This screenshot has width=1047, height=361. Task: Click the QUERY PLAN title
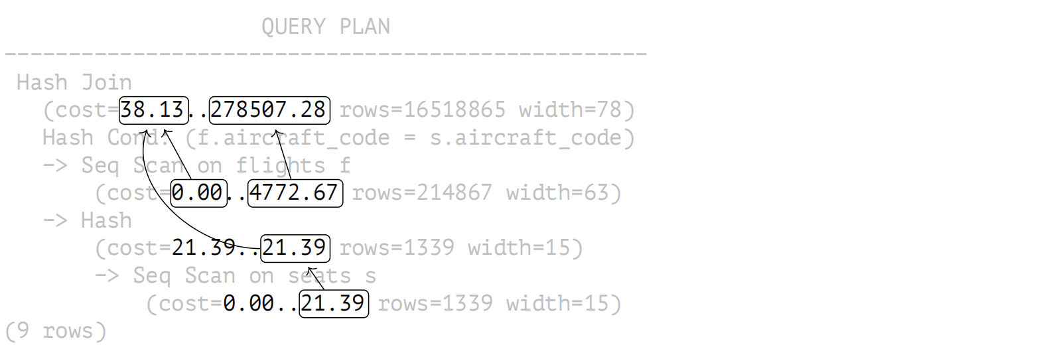(x=326, y=26)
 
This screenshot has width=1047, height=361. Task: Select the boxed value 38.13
(x=154, y=110)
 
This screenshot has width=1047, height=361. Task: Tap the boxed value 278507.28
(x=269, y=110)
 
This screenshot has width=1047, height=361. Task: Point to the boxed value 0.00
(x=198, y=192)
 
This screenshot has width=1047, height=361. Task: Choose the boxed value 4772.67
(x=295, y=192)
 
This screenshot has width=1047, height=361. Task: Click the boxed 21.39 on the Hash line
(x=295, y=248)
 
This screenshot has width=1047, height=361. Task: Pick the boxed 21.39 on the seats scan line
(x=334, y=304)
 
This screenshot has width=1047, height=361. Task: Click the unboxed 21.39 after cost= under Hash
(x=203, y=248)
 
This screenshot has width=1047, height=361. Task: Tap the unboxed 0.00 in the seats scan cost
(x=248, y=303)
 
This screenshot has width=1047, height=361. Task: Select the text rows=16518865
(x=422, y=110)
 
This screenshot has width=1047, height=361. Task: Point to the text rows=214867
(x=422, y=192)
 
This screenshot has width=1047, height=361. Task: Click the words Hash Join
(x=74, y=83)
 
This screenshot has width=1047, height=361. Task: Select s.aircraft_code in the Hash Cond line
(x=525, y=138)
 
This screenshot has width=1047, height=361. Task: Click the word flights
(x=280, y=166)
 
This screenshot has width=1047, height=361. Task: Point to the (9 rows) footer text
(x=56, y=331)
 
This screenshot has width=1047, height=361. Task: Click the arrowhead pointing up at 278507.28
(x=277, y=134)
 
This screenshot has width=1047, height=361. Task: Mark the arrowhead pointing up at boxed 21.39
(x=311, y=271)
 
